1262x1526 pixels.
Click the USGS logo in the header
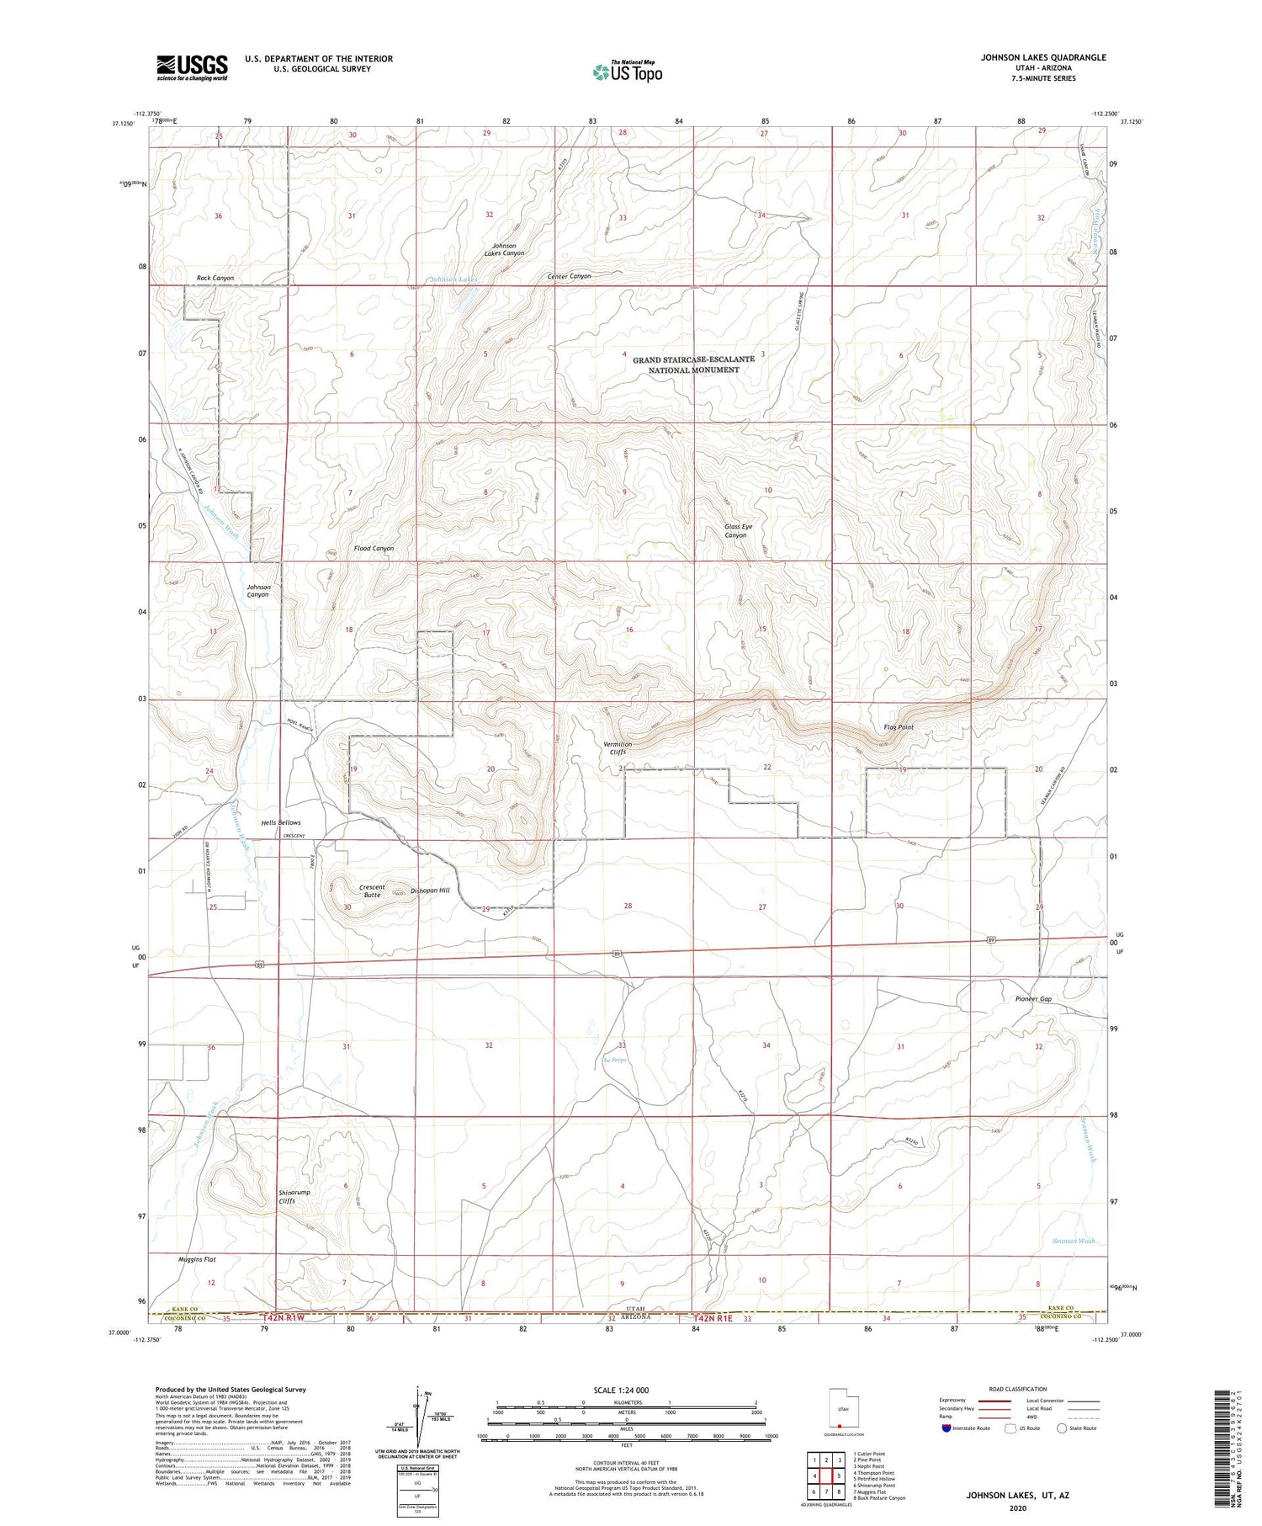pos(192,67)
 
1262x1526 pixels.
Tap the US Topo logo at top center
pos(627,72)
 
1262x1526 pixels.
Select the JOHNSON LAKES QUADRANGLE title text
pos(1042,58)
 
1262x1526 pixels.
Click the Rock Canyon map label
pos(215,278)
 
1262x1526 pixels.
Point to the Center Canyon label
pos(569,276)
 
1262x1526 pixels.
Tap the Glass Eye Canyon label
pos(738,531)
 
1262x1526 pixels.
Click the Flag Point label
pos(898,727)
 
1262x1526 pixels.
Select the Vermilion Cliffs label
pos(618,748)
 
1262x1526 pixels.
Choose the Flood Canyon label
pos(374,549)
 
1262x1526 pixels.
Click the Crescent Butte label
pos(372,891)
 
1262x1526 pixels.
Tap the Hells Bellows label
pos(280,822)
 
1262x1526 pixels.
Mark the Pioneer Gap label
pos(1033,999)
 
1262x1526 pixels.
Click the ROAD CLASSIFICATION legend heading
pos(1017,1389)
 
